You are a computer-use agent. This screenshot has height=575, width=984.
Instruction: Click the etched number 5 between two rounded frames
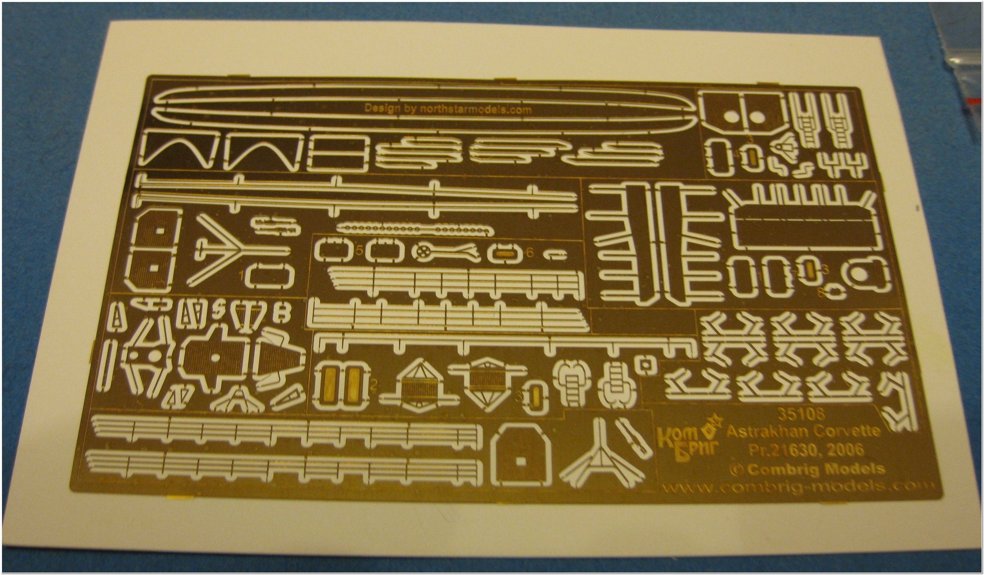click(359, 251)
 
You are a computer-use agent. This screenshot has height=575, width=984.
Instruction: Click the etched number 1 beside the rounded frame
click(242, 274)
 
